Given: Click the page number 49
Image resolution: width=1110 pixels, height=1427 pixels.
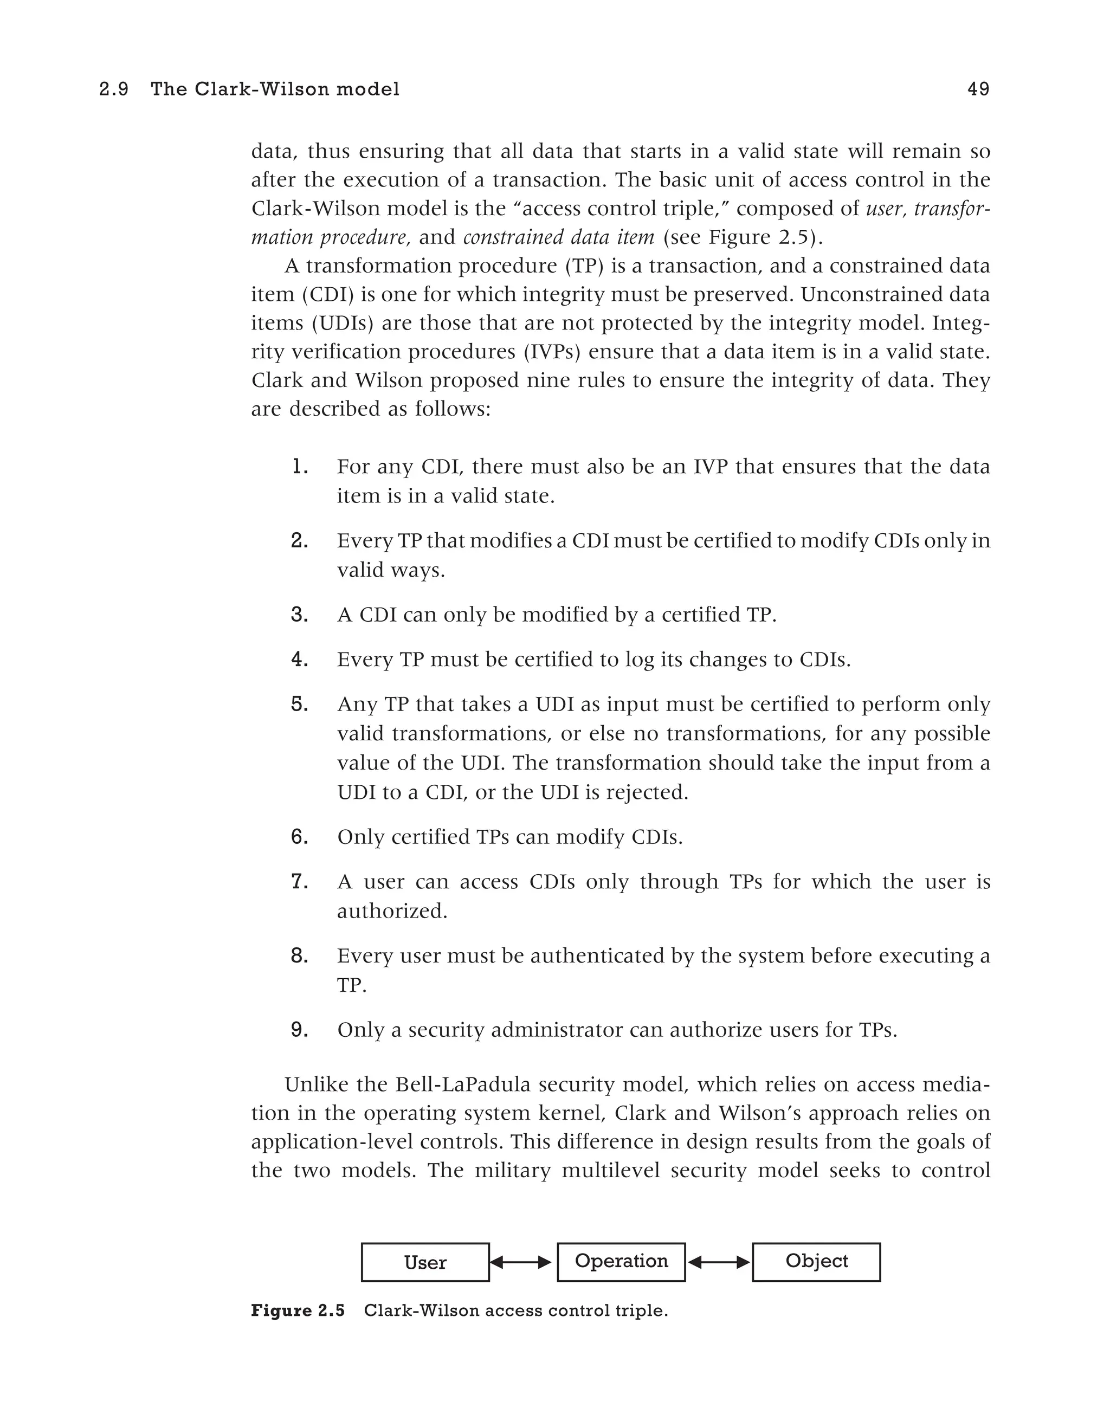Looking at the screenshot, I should (978, 89).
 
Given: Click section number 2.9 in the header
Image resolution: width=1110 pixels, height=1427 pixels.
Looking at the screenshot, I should (114, 89).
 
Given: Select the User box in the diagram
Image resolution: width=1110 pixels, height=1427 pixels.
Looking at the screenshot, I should (425, 1262).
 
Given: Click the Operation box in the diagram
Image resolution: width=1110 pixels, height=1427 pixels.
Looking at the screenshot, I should (621, 1262).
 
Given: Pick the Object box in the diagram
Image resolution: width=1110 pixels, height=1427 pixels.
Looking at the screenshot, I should (816, 1262).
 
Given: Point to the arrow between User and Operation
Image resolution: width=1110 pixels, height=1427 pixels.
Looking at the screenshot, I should (522, 1262).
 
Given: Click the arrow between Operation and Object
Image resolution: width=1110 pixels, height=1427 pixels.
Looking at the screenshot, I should (719, 1262).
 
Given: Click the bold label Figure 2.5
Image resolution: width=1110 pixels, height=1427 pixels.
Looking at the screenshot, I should (297, 1310).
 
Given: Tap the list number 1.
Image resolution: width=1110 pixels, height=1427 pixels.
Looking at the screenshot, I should (299, 467).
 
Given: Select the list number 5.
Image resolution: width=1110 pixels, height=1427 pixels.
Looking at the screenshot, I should (299, 703).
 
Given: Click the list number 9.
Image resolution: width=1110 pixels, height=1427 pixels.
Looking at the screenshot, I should (299, 1030).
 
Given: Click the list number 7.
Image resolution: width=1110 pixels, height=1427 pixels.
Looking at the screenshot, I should (299, 881).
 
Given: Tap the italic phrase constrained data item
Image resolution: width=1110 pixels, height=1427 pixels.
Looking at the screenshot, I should (559, 236).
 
